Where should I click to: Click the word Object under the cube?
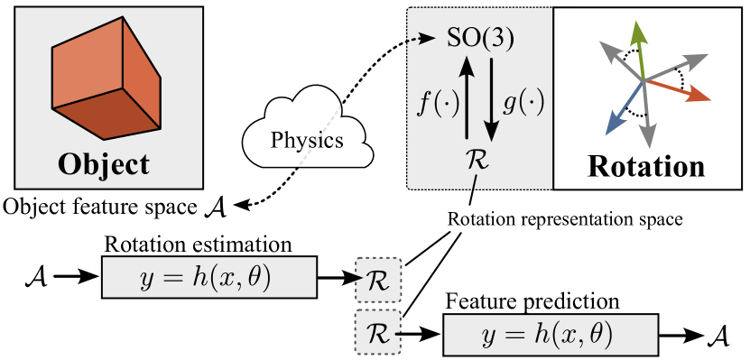103,164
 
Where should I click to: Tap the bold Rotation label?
645,166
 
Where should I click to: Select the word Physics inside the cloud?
308,141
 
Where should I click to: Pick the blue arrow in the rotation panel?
621,107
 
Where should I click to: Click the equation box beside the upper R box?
209,277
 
